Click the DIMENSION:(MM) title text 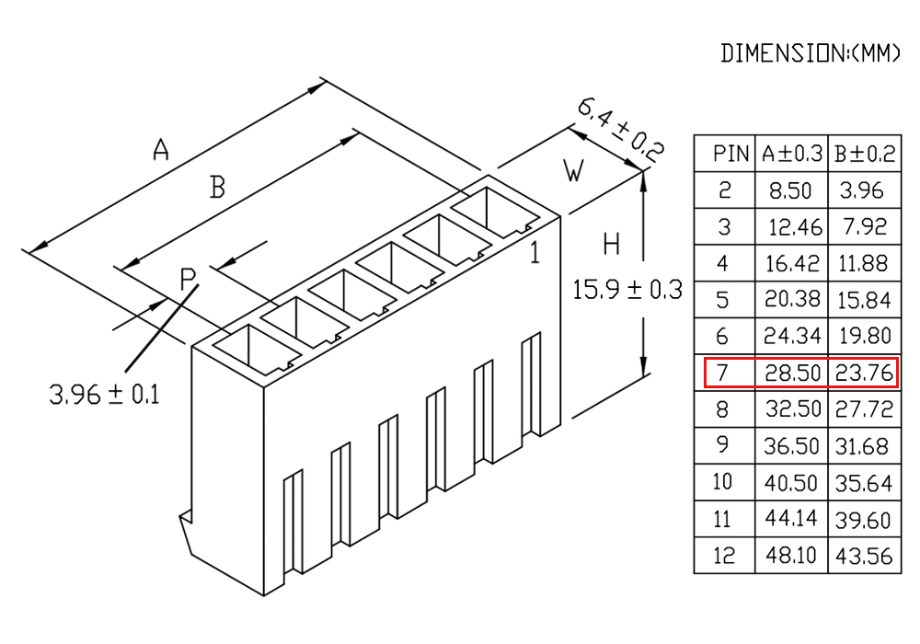[810, 53]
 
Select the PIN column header [730, 154]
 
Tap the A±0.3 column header [792, 154]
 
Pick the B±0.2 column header [865, 154]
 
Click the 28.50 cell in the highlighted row [792, 373]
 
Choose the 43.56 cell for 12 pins [864, 556]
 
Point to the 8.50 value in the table [790, 190]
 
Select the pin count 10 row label [722, 481]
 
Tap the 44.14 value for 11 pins [791, 518]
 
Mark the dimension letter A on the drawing [161, 149]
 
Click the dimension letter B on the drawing [217, 188]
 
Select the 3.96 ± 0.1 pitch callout [105, 394]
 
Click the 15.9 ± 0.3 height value [627, 290]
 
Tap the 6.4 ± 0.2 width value [621, 131]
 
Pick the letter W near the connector [574, 171]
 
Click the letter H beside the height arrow [612, 244]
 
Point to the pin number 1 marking [535, 253]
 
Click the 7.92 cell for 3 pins [864, 227]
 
